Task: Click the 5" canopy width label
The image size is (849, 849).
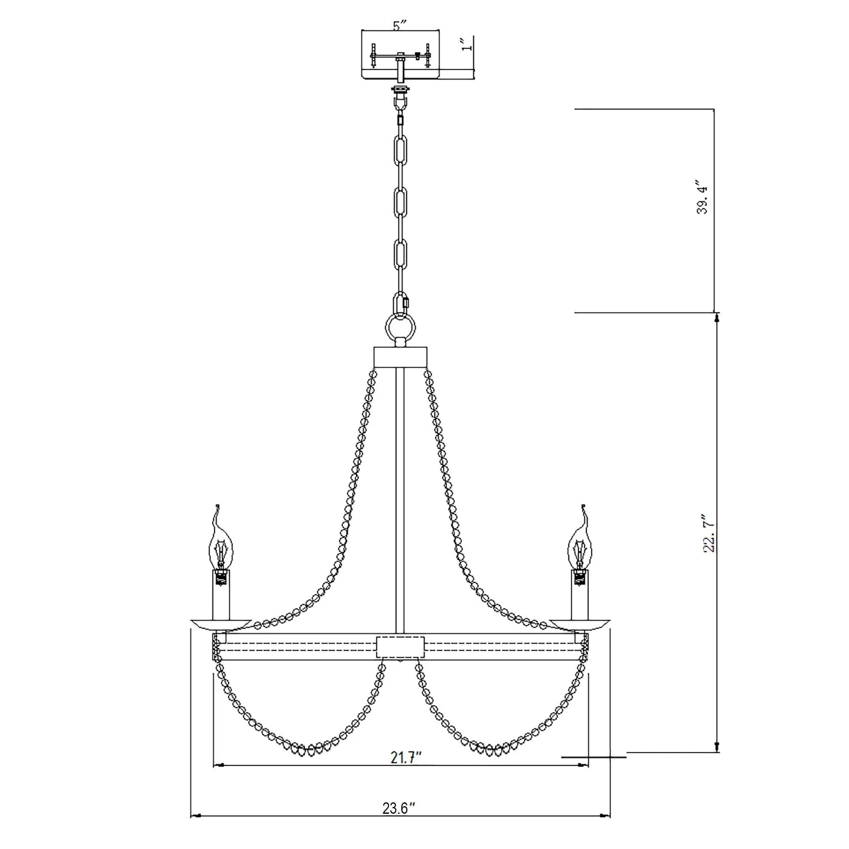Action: [x=397, y=26]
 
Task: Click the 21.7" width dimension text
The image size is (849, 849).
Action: [x=406, y=757]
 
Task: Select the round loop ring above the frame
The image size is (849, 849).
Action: [x=400, y=327]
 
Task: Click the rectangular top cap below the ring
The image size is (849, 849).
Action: [x=400, y=357]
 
